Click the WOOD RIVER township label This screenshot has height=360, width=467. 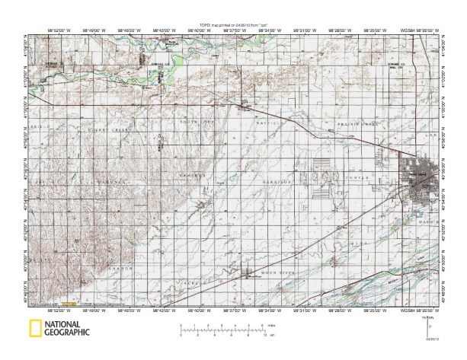click(x=273, y=273)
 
